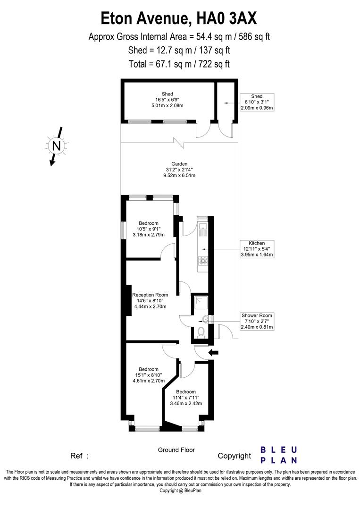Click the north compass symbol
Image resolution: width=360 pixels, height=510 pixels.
[56, 146]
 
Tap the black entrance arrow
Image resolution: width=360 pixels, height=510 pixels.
[214, 352]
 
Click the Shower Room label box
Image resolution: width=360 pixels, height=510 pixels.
[257, 321]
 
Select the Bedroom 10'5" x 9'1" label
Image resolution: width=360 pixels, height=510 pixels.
[149, 229]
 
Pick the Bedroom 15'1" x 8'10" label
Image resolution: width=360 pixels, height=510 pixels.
[149, 375]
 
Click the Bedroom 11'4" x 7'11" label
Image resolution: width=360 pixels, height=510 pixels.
[186, 398]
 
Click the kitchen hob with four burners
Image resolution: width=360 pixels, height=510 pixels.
[203, 260]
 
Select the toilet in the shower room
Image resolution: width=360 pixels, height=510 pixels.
[201, 331]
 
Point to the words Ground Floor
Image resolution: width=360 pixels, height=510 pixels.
[176, 450]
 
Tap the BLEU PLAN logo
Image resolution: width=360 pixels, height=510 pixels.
[279, 455]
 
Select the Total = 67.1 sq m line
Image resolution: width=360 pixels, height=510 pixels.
[179, 64]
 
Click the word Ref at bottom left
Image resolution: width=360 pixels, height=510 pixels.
[77, 456]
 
